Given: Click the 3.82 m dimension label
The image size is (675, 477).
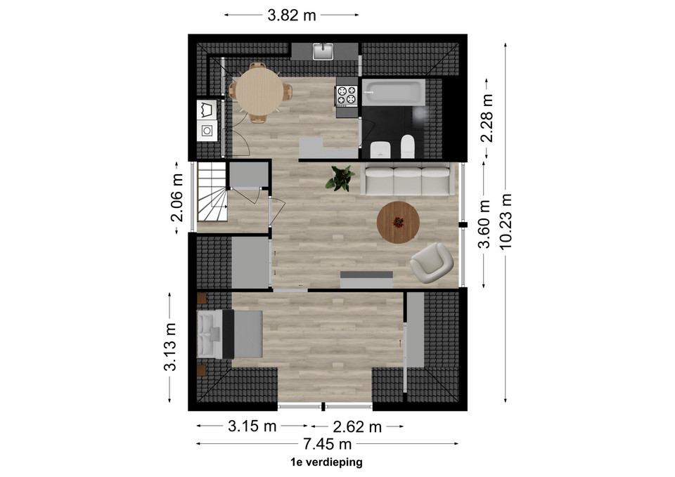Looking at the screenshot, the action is [291, 15].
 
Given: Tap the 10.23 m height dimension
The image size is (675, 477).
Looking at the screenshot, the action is [506, 221].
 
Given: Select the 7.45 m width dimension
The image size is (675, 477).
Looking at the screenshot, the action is [327, 443].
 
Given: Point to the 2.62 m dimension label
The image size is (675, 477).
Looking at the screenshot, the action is [357, 426].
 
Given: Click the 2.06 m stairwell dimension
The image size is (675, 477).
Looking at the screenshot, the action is [177, 197].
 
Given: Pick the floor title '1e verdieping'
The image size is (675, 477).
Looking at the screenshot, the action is [327, 462].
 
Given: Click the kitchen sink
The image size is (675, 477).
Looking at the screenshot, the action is [324, 51].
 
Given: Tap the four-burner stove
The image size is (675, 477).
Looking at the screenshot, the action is [347, 96].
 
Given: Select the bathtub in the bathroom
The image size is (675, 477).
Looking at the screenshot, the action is [394, 91].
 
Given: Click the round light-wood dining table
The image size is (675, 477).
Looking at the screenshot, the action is [259, 92].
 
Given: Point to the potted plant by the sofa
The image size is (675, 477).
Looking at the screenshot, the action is [340, 178].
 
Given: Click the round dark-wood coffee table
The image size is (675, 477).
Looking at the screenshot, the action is [398, 223].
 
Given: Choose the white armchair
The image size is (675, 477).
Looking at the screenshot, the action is [432, 263].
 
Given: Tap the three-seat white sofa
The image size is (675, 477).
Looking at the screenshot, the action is [407, 179].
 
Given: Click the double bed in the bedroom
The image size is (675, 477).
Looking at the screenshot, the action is [230, 334].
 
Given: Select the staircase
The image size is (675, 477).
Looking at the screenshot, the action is [212, 192].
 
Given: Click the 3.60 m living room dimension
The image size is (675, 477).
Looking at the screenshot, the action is [484, 224].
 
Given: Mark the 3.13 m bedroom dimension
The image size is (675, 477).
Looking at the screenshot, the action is [170, 346].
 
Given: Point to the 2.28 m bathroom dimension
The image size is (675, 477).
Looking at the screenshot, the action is [487, 118].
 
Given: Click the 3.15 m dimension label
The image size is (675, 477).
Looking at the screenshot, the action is [252, 426].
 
